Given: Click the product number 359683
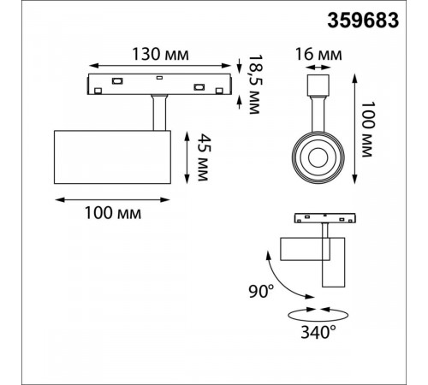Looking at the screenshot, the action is click(363, 21).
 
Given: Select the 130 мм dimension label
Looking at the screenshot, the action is click(160, 54).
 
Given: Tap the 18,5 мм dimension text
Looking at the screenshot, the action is click(254, 85).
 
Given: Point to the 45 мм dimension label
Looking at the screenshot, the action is click(204, 157).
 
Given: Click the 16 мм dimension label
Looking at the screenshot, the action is click(318, 54).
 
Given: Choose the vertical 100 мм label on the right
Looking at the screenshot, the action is click(368, 129).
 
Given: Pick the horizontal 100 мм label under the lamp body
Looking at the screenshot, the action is click(113, 213).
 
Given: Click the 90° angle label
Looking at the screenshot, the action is click(261, 291).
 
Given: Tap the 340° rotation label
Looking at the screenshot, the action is click(318, 332).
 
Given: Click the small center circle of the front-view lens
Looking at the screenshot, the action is click(318, 157).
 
